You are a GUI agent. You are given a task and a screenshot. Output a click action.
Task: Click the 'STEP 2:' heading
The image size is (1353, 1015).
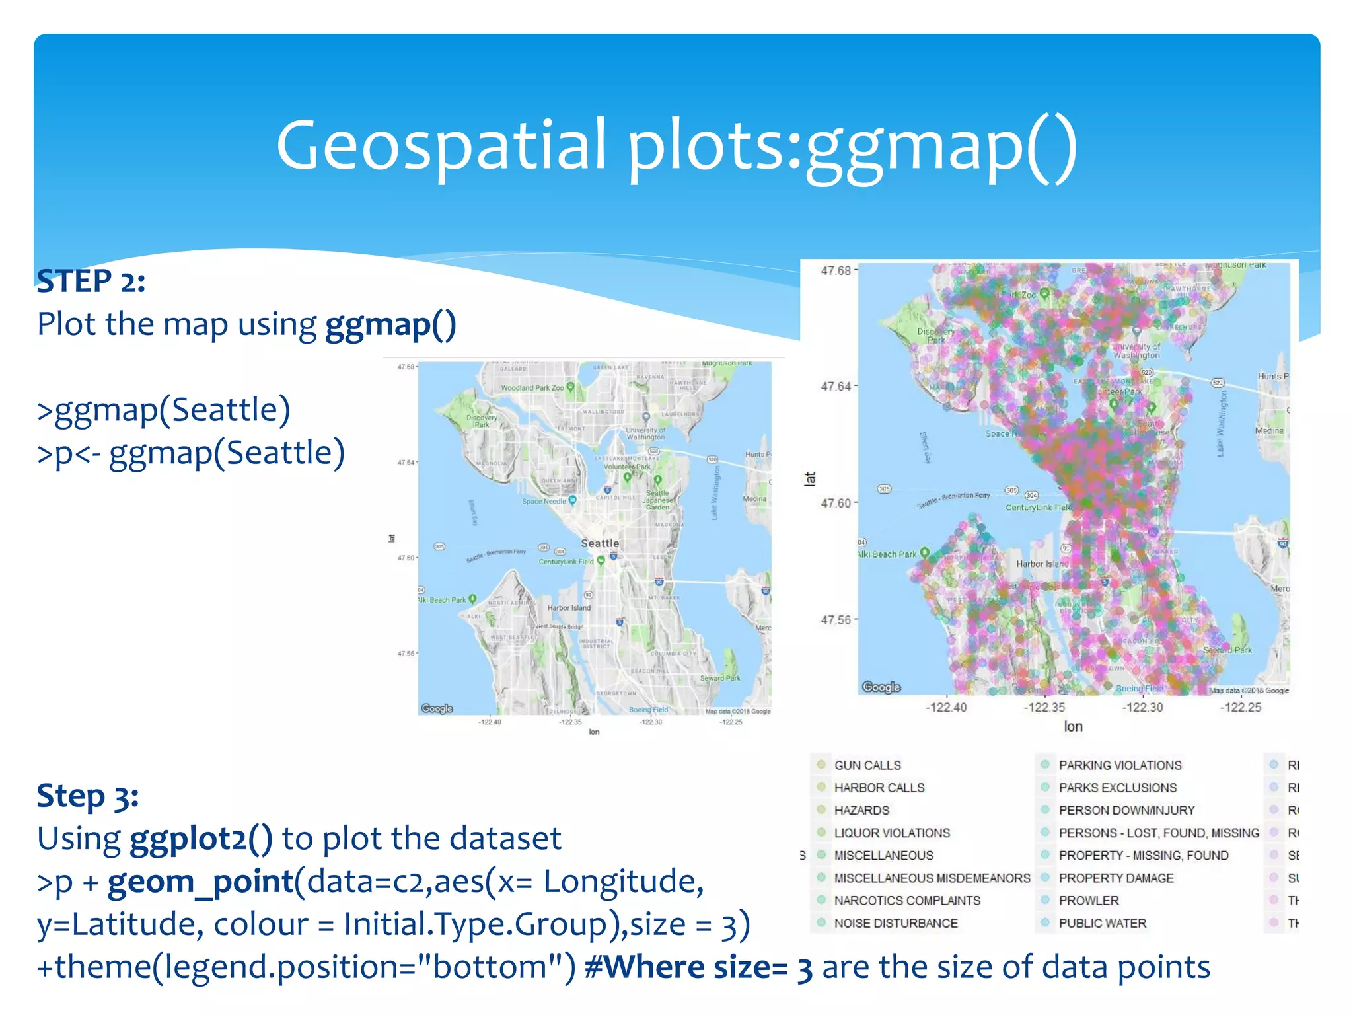pos(91,282)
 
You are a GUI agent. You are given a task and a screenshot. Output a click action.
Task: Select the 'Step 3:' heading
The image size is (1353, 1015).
pos(88,796)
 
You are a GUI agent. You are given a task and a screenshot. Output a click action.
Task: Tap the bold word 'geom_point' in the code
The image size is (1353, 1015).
pos(200,882)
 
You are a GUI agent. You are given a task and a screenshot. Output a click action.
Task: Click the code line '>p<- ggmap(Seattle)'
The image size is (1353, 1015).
pos(191,453)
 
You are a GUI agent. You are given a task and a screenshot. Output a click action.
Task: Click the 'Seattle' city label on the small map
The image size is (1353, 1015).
pos(600,543)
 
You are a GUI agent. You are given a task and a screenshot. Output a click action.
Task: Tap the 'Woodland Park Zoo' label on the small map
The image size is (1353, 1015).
pos(532,388)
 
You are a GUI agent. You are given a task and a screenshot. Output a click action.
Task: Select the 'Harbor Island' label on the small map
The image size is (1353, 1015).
pos(569,607)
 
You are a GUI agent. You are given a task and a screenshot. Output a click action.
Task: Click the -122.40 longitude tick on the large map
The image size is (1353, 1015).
pos(946,708)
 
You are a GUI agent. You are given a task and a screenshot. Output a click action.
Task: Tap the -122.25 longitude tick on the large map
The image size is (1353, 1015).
pos(1241,708)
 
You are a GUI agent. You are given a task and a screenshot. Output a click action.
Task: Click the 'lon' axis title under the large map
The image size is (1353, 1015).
pos(1073,727)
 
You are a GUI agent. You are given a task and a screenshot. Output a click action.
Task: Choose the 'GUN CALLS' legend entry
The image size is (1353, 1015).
pos(867,765)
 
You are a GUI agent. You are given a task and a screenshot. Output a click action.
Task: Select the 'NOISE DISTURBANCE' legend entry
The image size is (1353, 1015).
pos(895,923)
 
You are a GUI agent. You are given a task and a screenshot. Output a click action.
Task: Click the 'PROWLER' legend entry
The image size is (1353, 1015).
pos(1089,901)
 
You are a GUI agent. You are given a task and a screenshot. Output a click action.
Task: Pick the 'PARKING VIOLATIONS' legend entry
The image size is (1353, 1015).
pos(1120,765)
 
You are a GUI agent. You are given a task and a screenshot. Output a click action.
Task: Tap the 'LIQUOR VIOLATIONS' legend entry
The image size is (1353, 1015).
pos(892,833)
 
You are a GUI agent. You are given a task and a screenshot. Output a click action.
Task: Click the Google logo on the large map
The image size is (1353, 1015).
pos(881,687)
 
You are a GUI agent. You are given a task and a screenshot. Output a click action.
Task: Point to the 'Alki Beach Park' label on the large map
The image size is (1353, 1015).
pos(887,554)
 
